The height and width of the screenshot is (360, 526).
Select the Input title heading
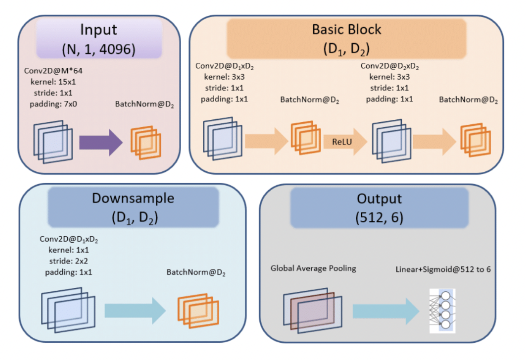tap(99, 30)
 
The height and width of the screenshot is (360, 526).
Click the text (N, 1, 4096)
tap(99, 49)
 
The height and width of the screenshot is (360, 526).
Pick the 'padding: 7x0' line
tap(53, 104)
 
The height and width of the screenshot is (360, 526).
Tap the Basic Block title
tap(346, 30)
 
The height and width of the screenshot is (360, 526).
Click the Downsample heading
tap(133, 198)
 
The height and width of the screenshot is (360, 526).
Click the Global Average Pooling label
tap(313, 268)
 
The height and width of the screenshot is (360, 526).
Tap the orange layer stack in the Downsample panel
tap(198, 310)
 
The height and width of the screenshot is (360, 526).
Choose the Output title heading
tap(379, 198)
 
